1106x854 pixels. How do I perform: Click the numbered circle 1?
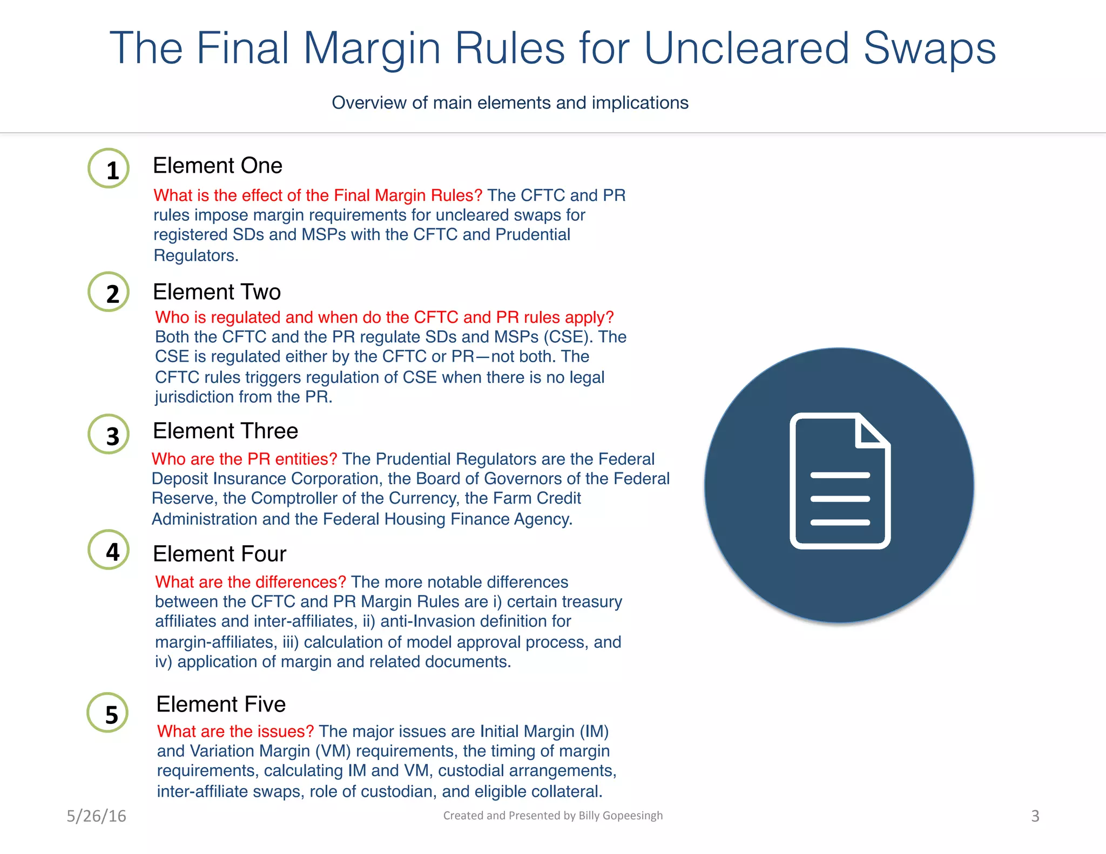109,168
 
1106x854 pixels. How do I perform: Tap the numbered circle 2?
109,292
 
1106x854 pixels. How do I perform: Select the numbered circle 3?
109,434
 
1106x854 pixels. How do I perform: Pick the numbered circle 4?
109,550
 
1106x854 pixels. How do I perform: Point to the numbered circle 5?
108,713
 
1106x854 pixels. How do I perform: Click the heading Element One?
217,166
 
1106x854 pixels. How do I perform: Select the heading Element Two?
217,292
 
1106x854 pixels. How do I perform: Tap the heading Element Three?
225,431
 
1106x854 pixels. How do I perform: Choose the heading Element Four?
219,554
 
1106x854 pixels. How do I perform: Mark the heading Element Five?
221,704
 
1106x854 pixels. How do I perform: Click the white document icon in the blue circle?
840,481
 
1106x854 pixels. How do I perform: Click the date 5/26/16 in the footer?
96,816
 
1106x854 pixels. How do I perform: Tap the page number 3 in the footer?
1035,816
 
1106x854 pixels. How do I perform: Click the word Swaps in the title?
929,49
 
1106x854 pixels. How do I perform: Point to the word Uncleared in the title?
747,49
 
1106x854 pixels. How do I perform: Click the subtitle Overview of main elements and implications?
510,103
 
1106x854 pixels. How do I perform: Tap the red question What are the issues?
235,731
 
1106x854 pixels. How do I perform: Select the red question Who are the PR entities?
244,459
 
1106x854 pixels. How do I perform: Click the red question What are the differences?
251,582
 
